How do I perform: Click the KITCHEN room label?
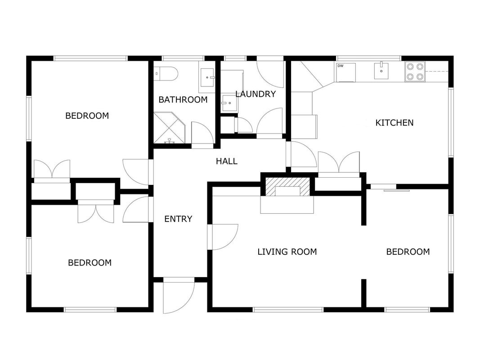point(394,123)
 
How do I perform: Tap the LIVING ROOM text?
point(287,252)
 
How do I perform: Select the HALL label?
point(227,162)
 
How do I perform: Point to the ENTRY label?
point(178,219)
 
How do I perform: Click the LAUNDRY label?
point(256,94)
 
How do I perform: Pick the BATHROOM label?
point(183,100)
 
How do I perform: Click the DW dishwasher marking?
point(341,66)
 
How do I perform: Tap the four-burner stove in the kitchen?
point(415,72)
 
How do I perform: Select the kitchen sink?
point(381,71)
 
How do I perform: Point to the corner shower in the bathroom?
point(169,128)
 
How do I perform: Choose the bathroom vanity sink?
point(207,77)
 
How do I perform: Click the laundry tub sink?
point(228,103)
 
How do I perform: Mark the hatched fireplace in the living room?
point(287,186)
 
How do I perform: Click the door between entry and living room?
point(223,237)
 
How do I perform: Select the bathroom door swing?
point(202,135)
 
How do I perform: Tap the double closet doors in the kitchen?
point(339,164)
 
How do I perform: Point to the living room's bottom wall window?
point(288,310)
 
